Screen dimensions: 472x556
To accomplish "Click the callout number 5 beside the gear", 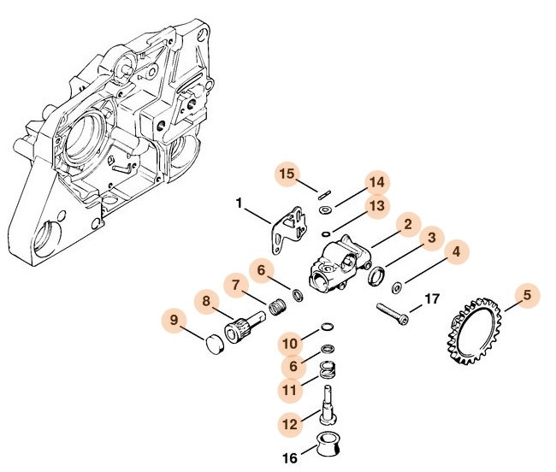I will point(527,296).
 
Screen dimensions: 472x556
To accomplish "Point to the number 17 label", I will point(430,299).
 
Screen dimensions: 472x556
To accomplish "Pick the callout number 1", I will point(240,204).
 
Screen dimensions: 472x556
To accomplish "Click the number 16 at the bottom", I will point(290,458).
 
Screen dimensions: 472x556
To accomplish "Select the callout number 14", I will point(375,183).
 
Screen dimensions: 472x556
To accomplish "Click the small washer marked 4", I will point(397,288).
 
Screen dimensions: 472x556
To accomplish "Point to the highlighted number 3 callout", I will point(432,237).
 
